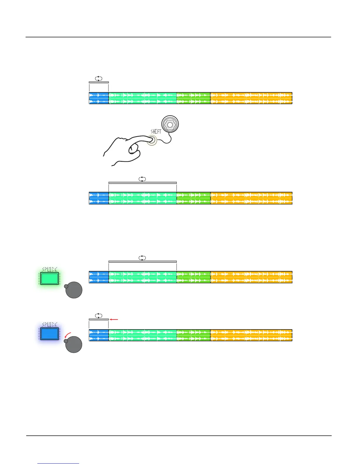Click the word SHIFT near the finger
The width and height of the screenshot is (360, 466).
(156, 132)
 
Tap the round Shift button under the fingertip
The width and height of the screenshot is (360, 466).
(152, 140)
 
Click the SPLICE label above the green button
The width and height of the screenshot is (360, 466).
(50, 269)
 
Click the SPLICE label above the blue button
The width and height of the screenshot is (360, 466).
(50, 324)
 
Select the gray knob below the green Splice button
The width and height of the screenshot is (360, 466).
(74, 290)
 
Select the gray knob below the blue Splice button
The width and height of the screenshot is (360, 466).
(74, 344)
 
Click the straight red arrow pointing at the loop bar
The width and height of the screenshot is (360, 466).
(114, 319)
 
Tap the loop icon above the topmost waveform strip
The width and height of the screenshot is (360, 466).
(99, 79)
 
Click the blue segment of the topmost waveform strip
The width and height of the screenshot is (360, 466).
(99, 98)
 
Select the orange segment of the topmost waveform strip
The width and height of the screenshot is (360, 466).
(251, 98)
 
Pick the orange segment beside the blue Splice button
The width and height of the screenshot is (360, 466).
(251, 335)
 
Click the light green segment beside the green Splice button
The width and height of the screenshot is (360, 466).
(143, 277)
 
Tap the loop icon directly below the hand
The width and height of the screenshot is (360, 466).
(142, 179)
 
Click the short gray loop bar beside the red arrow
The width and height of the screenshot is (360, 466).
(99, 319)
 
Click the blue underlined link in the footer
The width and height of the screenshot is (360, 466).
(59, 463)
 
